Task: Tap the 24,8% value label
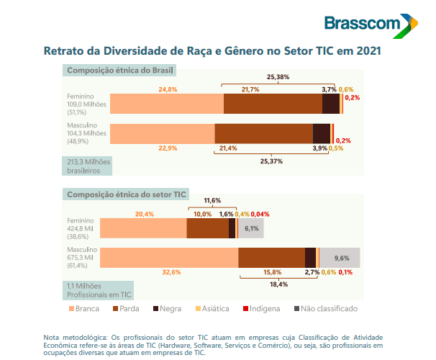click(168, 89)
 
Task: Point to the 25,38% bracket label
click(278, 76)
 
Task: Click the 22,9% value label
click(168, 148)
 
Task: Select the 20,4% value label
click(145, 214)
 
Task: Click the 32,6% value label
click(171, 272)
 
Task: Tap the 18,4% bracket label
click(279, 284)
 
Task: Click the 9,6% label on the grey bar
click(342, 258)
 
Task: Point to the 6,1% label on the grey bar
click(252, 228)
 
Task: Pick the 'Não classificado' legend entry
click(324, 308)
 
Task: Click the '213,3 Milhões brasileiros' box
click(84, 166)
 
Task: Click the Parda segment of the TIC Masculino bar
click(271, 258)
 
